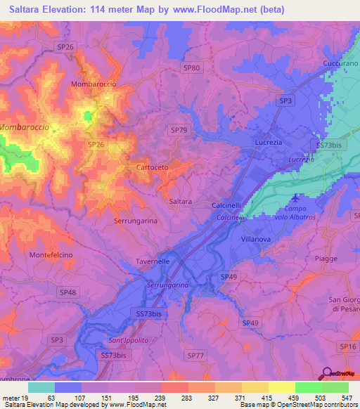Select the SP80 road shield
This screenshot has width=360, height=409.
pyautogui.click(x=191, y=68)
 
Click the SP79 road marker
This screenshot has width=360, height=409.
pyautogui.click(x=179, y=130)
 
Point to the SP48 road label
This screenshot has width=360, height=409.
pyautogui.click(x=68, y=292)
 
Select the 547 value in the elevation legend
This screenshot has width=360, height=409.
pyautogui.click(x=346, y=397)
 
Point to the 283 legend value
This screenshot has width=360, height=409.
pyautogui.click(x=186, y=397)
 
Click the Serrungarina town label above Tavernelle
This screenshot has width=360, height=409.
pyautogui.click(x=136, y=221)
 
